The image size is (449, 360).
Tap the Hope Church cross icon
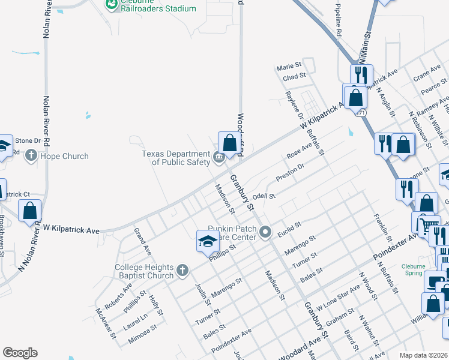tap(31, 156)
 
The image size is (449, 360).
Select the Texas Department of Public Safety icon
tap(218, 158)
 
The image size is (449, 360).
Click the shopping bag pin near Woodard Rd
tap(229, 144)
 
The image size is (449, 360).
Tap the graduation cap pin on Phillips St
tap(207, 242)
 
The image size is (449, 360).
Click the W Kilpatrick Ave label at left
tap(71, 230)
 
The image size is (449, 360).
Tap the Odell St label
tap(264, 196)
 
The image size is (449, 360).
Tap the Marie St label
tap(289, 67)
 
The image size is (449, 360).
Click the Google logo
tap(20, 353)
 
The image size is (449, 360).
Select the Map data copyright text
tap(423, 355)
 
